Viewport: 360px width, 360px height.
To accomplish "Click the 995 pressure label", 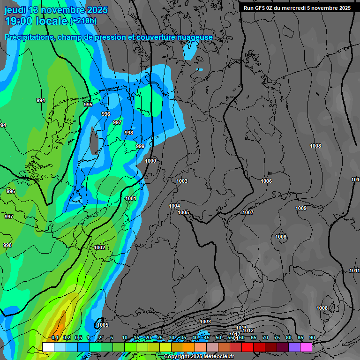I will coord(88,105).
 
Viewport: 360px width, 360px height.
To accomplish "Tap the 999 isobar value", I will coord(140,147).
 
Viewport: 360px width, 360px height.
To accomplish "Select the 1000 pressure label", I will coord(150,161).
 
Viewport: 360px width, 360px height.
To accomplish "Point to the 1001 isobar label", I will coord(131,198).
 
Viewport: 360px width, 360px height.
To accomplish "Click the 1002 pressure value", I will coord(99,247).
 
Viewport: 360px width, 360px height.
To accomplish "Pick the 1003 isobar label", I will coord(182,181).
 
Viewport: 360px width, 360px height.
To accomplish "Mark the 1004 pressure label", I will coord(174,206).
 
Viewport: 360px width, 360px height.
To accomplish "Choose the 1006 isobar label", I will coord(266,181).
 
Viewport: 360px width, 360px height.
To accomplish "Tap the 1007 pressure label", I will coord(248,212).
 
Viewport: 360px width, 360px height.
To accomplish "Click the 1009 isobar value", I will coord(301,208).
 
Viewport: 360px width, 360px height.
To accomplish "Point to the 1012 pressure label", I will coord(248,330).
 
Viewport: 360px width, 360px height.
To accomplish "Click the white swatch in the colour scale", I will coord(48,347).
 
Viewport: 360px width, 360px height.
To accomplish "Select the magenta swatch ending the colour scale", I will coord(306,347).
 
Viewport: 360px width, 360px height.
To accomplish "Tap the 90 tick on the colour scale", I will coord(312,337).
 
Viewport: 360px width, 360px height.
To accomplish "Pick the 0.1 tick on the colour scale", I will coord(55,337).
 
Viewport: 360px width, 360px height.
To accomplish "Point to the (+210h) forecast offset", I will coord(83,21).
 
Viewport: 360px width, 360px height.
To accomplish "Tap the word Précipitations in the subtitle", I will coord(28,37).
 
